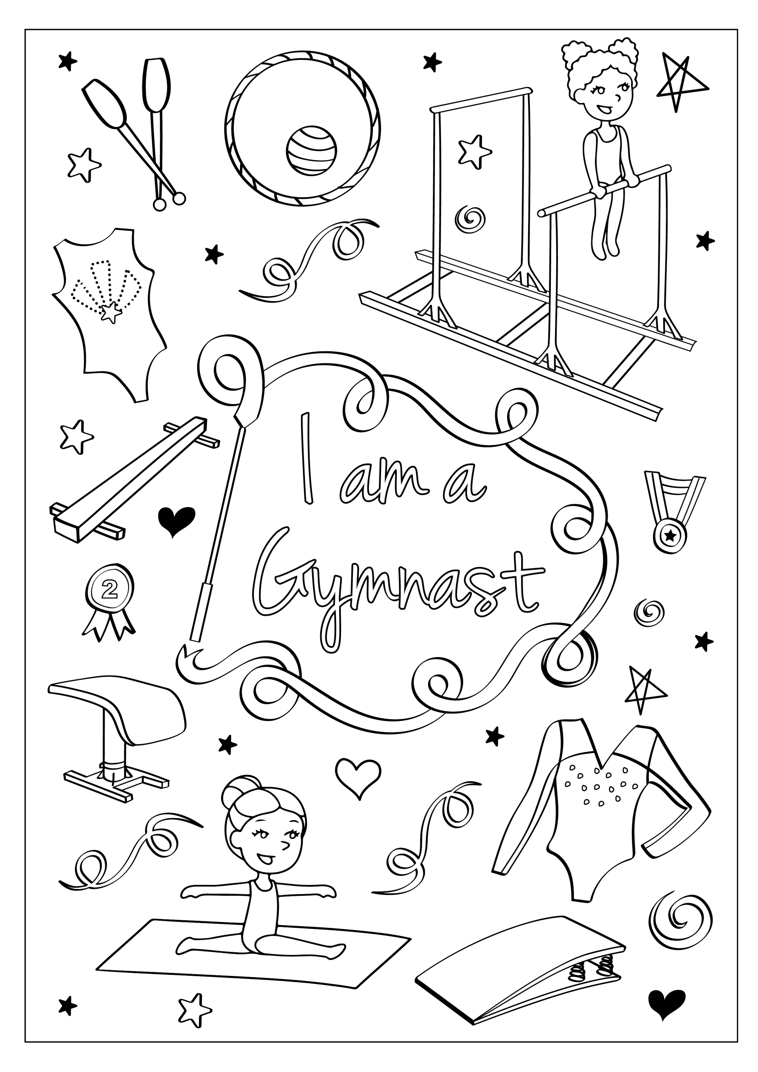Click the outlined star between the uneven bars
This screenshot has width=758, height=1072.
click(474, 152)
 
